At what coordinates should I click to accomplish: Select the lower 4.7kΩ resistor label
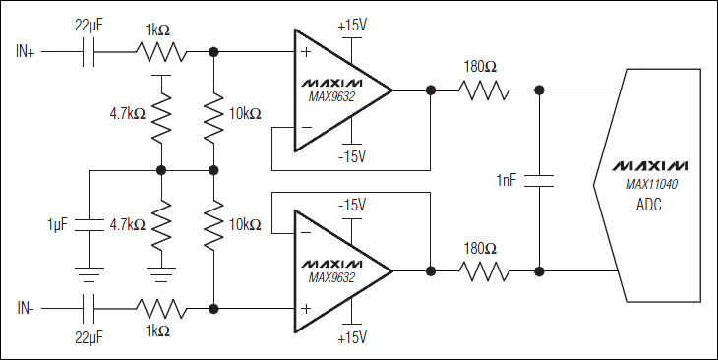tap(128, 225)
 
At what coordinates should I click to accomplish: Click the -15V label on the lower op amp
tap(351, 205)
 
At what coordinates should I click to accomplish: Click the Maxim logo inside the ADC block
tap(650, 165)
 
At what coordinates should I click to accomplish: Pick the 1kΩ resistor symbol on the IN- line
tap(161, 308)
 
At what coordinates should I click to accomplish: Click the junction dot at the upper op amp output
tap(430, 90)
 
